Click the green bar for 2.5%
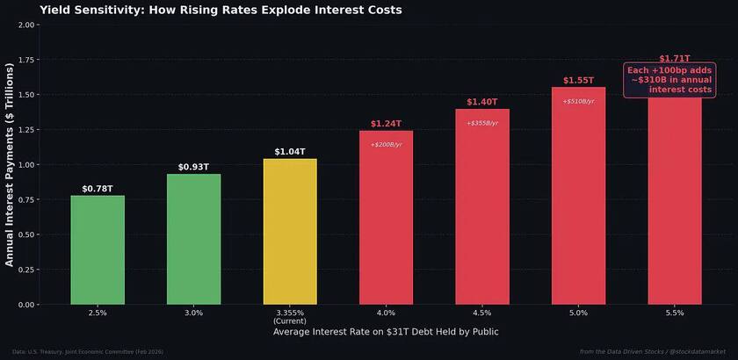98,250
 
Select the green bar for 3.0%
193,239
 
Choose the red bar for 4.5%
482,211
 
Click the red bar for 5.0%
578,202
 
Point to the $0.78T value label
98,189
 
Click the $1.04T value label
290,152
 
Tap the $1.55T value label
578,81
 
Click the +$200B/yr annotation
386,144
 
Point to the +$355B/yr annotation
482,123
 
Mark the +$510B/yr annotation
578,101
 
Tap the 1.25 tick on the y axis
25,130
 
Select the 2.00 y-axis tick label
25,25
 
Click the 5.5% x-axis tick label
675,313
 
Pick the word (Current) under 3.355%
290,321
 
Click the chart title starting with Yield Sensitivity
221,11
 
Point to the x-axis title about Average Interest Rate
386,333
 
